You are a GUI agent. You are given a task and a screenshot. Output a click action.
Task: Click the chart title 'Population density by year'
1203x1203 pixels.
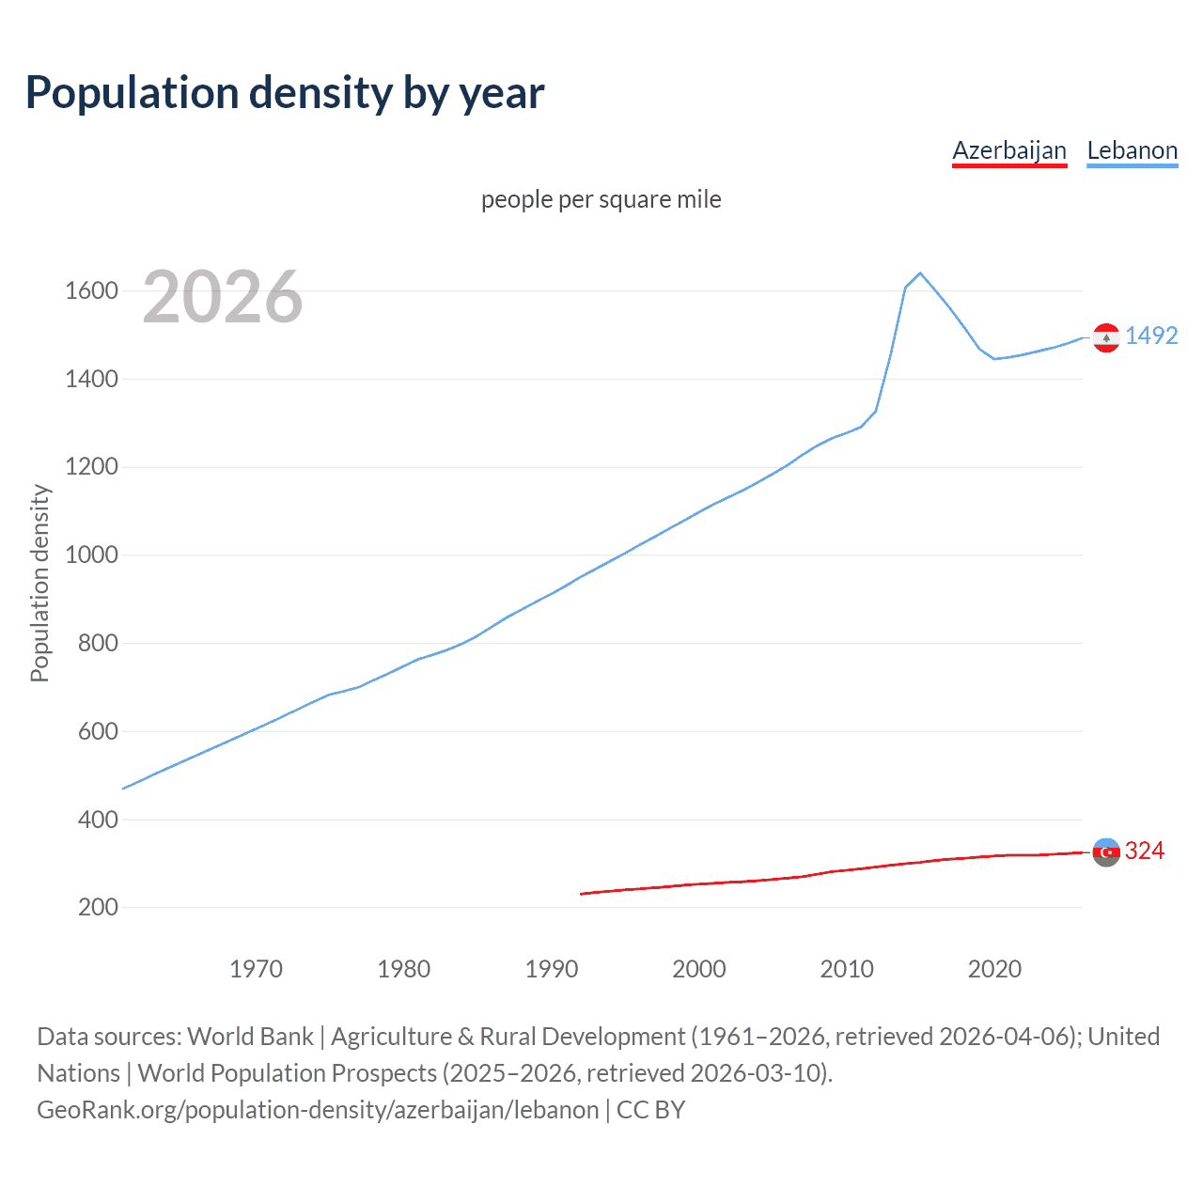(285, 93)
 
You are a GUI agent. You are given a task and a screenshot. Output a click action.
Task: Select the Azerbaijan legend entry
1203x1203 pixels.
(1009, 150)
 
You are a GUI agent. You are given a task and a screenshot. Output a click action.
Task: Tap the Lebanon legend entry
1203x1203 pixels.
(1132, 150)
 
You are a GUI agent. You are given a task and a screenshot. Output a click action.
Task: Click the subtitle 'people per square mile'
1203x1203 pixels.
(601, 200)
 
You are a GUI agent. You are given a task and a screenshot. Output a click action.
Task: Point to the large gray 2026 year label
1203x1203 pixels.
(222, 297)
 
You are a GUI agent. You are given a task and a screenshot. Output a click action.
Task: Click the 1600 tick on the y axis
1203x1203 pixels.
(91, 291)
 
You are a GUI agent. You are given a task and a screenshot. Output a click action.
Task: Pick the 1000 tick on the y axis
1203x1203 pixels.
(91, 555)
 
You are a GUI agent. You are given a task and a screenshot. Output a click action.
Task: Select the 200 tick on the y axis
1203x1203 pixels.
(98, 908)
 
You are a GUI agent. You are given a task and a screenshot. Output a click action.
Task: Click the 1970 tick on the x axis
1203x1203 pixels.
(256, 969)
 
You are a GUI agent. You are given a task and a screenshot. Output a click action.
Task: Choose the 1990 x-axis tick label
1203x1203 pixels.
(552, 969)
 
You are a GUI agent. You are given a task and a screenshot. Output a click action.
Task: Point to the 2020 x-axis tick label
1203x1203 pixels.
(994, 969)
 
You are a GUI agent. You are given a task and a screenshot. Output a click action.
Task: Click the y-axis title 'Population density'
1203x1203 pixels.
(39, 583)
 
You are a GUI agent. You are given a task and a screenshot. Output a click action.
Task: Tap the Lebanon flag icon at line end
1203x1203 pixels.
(1106, 337)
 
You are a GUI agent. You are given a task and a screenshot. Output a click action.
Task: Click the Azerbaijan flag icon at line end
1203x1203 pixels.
(1106, 852)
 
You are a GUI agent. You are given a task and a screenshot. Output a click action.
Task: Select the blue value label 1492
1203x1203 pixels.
(1151, 336)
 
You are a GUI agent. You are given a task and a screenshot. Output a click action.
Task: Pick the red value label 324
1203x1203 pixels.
(1145, 851)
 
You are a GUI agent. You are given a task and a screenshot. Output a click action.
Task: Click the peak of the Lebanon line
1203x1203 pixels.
(920, 273)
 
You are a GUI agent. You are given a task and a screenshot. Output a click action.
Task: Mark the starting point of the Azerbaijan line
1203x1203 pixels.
(582, 894)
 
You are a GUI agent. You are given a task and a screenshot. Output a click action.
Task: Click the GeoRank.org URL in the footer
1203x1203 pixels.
(318, 1110)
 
